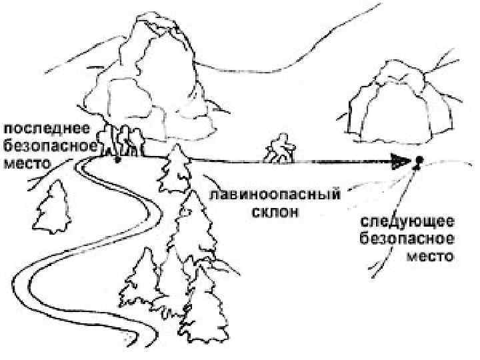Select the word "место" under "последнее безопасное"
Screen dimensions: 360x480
28,162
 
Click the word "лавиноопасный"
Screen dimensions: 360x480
275,196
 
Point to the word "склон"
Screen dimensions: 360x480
275,213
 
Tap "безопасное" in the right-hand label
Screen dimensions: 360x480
409,239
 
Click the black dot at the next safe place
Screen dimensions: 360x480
419,160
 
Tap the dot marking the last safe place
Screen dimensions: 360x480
118,160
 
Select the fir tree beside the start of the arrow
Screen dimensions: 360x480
174,167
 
